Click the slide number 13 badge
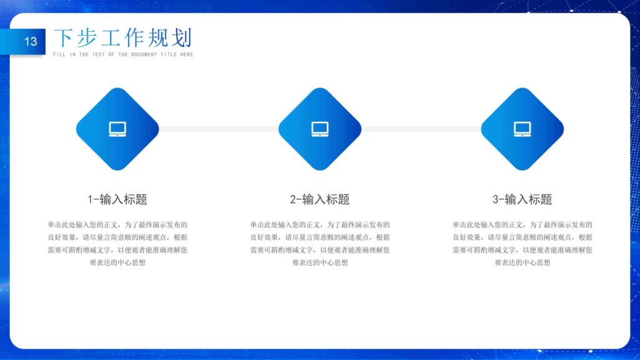tap(31, 42)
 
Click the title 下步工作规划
tap(122, 38)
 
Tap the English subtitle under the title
tap(123, 55)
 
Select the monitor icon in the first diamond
tap(117, 129)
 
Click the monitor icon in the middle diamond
tap(320, 129)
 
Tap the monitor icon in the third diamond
tap(522, 129)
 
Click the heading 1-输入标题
tap(117, 199)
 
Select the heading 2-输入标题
tap(320, 199)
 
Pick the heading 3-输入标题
tap(522, 199)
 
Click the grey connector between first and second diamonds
tap(219, 129)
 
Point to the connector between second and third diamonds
tap(421, 129)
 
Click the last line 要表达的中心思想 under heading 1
tap(117, 262)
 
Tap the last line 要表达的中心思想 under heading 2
tap(320, 262)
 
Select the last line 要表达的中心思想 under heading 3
tap(522, 262)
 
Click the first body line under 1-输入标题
tap(117, 224)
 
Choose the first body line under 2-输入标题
tap(320, 224)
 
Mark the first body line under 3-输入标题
tap(522, 224)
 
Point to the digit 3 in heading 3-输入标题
tap(496, 199)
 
